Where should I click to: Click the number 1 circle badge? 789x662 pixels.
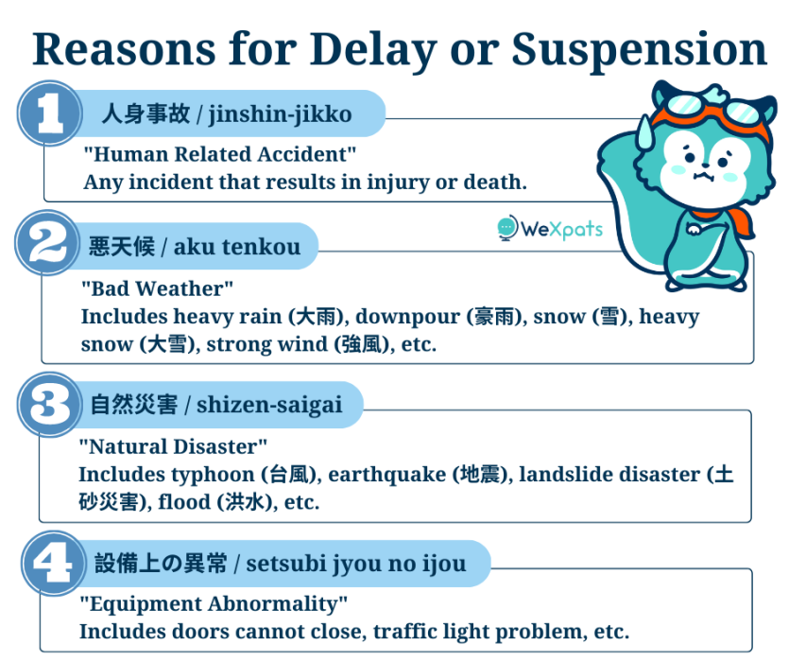(x=49, y=113)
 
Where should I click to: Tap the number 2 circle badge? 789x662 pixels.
(x=47, y=243)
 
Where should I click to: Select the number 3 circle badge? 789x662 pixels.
(x=50, y=404)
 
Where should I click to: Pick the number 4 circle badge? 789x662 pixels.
(x=53, y=564)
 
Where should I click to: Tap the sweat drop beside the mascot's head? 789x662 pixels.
(x=644, y=130)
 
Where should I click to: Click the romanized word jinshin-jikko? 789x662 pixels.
(x=281, y=114)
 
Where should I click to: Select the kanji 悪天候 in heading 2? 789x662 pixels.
(x=122, y=247)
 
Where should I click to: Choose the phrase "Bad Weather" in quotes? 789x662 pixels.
(x=158, y=288)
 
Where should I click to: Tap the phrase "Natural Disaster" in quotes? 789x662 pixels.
(x=173, y=446)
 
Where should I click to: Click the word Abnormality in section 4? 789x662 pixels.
(x=277, y=604)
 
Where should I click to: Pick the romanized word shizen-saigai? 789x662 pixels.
(x=269, y=405)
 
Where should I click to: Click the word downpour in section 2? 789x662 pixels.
(x=407, y=318)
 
